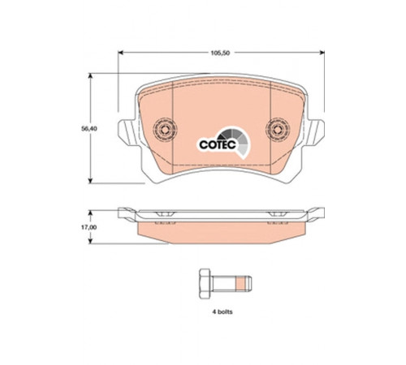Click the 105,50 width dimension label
(x=220, y=54)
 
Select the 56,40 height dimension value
(x=89, y=129)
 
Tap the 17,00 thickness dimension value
(x=89, y=227)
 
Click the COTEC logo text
(x=218, y=144)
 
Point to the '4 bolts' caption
(x=222, y=311)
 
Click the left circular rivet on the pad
(x=165, y=129)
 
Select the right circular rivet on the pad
(x=278, y=129)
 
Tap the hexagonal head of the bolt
(x=205, y=284)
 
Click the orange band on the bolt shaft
(x=240, y=284)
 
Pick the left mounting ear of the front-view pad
(x=127, y=132)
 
